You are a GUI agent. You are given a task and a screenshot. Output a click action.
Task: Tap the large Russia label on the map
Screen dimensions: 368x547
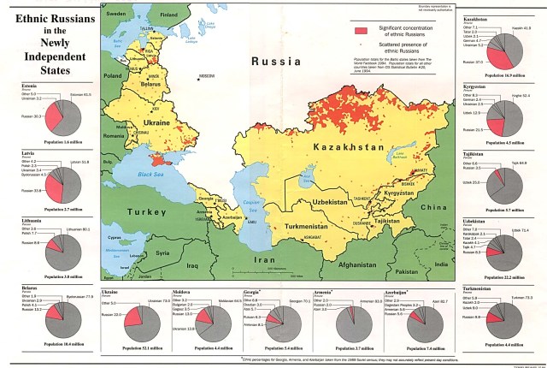click(275, 62)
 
